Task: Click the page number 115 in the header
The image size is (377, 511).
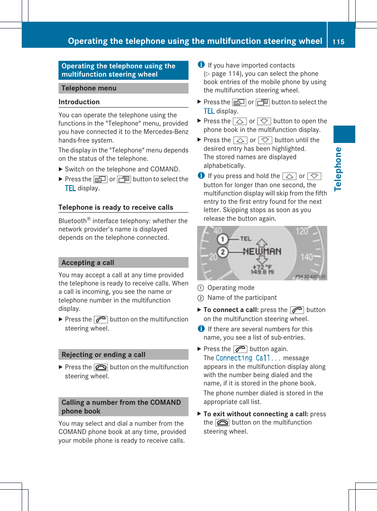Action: (x=338, y=42)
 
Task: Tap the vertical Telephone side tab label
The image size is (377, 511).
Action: (x=338, y=169)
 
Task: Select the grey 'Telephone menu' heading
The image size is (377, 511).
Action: (x=89, y=88)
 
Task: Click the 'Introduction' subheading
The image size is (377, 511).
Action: (x=79, y=102)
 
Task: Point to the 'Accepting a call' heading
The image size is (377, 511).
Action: (x=88, y=263)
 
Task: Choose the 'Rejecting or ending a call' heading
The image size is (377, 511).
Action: (x=104, y=355)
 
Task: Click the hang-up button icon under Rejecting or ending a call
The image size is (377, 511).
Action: (x=101, y=367)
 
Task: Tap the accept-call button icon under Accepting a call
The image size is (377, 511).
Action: (x=101, y=319)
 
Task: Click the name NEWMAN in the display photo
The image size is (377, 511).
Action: (x=262, y=252)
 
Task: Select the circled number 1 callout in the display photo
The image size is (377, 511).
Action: (x=222, y=239)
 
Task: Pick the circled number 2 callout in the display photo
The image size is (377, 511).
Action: (x=222, y=252)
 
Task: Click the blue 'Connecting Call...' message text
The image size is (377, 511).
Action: (x=248, y=358)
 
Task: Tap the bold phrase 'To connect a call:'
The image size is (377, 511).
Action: (x=231, y=310)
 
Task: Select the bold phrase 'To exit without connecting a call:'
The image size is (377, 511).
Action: (x=256, y=414)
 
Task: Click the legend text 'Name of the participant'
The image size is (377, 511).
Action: (x=242, y=298)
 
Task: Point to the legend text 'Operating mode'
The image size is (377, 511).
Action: (x=231, y=288)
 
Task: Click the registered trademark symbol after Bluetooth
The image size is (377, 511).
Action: (x=89, y=219)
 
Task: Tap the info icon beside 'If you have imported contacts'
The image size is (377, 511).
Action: (x=201, y=65)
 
